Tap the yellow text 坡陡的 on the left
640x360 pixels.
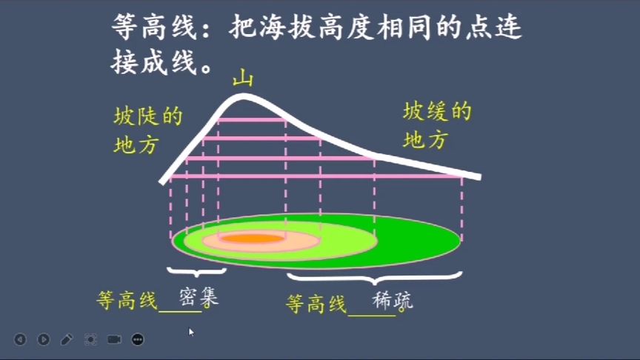pyautogui.click(x=148, y=117)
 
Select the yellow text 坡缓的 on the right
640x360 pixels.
pyautogui.click(x=437, y=113)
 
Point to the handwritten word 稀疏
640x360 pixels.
pyautogui.click(x=393, y=301)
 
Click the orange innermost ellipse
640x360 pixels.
pyautogui.click(x=253, y=239)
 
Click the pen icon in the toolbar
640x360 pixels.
pyautogui.click(x=67, y=339)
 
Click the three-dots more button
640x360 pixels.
pyautogui.click(x=138, y=339)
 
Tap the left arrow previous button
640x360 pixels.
pyautogui.click(x=20, y=339)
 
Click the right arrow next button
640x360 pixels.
pyautogui.click(x=44, y=339)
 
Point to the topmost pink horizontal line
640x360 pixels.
pyautogui.click(x=252, y=119)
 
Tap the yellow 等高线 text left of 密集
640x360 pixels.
pyautogui.click(x=128, y=301)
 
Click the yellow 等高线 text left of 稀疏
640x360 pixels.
pyautogui.click(x=316, y=304)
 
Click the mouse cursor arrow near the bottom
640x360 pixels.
pyautogui.click(x=191, y=332)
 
